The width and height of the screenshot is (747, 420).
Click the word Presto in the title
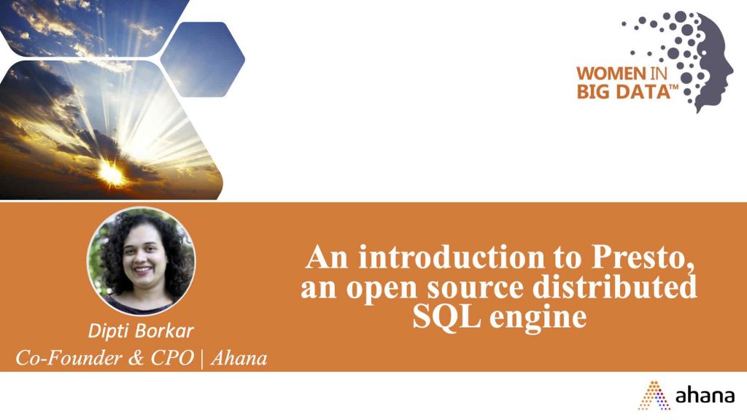tap(642, 257)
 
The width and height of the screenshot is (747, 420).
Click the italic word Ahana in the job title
tap(239, 358)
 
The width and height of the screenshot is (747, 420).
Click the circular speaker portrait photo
tap(141, 261)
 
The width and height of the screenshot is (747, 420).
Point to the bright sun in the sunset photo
tap(112, 172)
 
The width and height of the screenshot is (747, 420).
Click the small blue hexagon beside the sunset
tap(203, 60)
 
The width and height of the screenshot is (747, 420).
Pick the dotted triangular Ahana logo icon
tap(654, 395)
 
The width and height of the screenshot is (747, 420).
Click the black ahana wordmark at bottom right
tap(705, 395)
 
